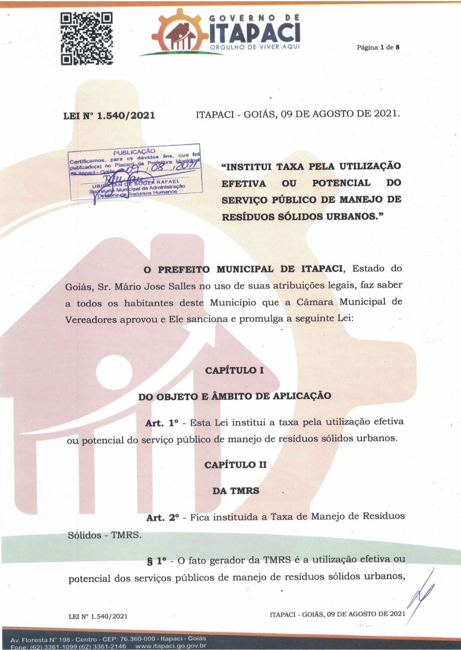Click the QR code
(87, 38)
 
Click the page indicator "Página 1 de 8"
(378, 47)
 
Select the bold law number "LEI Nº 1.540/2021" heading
(109, 116)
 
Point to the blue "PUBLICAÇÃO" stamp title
(134, 152)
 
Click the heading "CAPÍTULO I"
(234, 370)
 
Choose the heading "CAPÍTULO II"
(235, 465)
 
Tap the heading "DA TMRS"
(236, 491)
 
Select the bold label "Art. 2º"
(163, 518)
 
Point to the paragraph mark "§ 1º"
(157, 561)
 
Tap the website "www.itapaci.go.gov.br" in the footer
(171, 646)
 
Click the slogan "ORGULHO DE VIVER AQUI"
(255, 47)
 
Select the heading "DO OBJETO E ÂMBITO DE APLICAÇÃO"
(234, 396)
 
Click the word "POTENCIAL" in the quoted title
(341, 183)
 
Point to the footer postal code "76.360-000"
(137, 639)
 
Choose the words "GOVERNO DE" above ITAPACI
(254, 18)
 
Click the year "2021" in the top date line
(386, 114)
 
